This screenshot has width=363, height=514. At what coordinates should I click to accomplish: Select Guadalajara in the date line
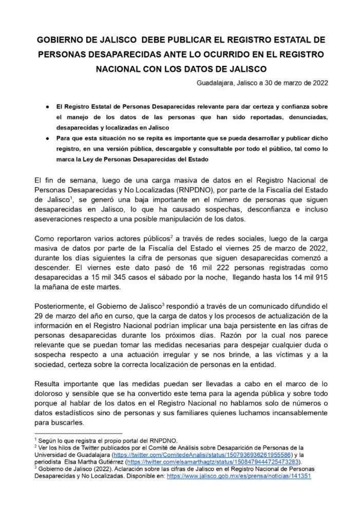218,82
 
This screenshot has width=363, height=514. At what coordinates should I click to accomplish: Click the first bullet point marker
47,106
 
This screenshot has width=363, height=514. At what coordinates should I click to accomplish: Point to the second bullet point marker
47,139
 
